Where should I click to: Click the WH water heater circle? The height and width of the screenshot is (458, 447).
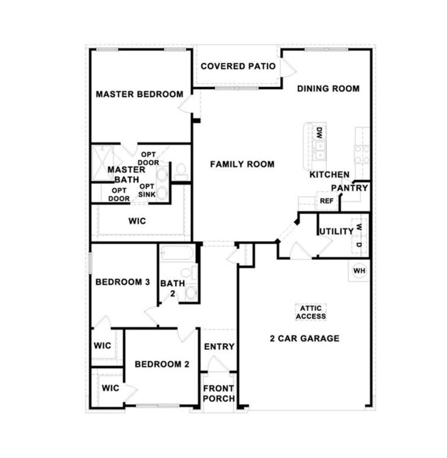pyautogui.click(x=359, y=271)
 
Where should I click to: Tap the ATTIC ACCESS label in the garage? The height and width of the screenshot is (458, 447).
pyautogui.click(x=311, y=312)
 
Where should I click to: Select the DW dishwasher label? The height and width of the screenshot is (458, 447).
pyautogui.click(x=319, y=133)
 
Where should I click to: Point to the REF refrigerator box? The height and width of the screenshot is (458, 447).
pyautogui.click(x=326, y=201)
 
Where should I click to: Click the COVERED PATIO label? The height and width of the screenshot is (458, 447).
pyautogui.click(x=238, y=66)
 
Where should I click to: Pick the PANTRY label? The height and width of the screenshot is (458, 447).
pyautogui.click(x=349, y=188)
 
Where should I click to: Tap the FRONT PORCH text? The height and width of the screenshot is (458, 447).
pyautogui.click(x=219, y=393)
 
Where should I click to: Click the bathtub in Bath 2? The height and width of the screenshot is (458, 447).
pyautogui.click(x=177, y=253)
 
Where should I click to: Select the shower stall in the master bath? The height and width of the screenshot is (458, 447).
pyautogui.click(x=102, y=163)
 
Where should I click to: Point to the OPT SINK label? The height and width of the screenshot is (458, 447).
pyautogui.click(x=147, y=190)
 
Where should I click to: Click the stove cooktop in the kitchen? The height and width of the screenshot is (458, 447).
pyautogui.click(x=362, y=155)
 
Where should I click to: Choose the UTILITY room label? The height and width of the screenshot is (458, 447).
pyautogui.click(x=337, y=232)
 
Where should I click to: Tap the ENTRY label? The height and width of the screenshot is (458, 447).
pyautogui.click(x=219, y=347)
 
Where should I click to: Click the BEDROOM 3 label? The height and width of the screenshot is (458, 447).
pyautogui.click(x=123, y=282)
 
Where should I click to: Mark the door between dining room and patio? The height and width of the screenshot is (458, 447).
pyautogui.click(x=288, y=68)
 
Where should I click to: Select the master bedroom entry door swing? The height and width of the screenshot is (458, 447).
pyautogui.click(x=185, y=104)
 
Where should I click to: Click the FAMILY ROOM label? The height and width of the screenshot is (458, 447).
pyautogui.click(x=242, y=164)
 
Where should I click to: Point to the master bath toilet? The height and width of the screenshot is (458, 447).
pyautogui.click(x=181, y=172)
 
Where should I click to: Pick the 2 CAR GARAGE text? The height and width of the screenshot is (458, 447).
pyautogui.click(x=304, y=339)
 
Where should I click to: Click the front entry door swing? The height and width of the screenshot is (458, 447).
pyautogui.click(x=216, y=364)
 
